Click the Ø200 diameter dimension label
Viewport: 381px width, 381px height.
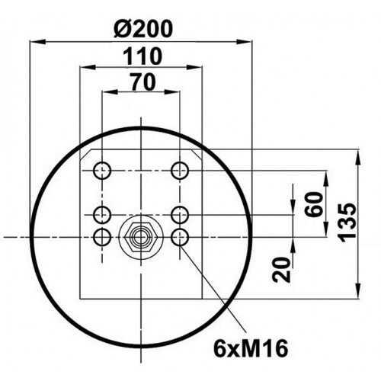[143, 29]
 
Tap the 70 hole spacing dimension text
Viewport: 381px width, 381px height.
[143, 82]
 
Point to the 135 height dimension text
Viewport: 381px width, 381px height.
[347, 222]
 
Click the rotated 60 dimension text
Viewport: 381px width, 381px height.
[314, 204]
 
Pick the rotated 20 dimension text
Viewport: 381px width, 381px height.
[281, 270]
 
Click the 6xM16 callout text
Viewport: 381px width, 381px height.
[251, 349]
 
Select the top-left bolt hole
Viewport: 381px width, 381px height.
[102, 171]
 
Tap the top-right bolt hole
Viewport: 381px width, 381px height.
[180, 171]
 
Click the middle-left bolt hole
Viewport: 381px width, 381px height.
[102, 215]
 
